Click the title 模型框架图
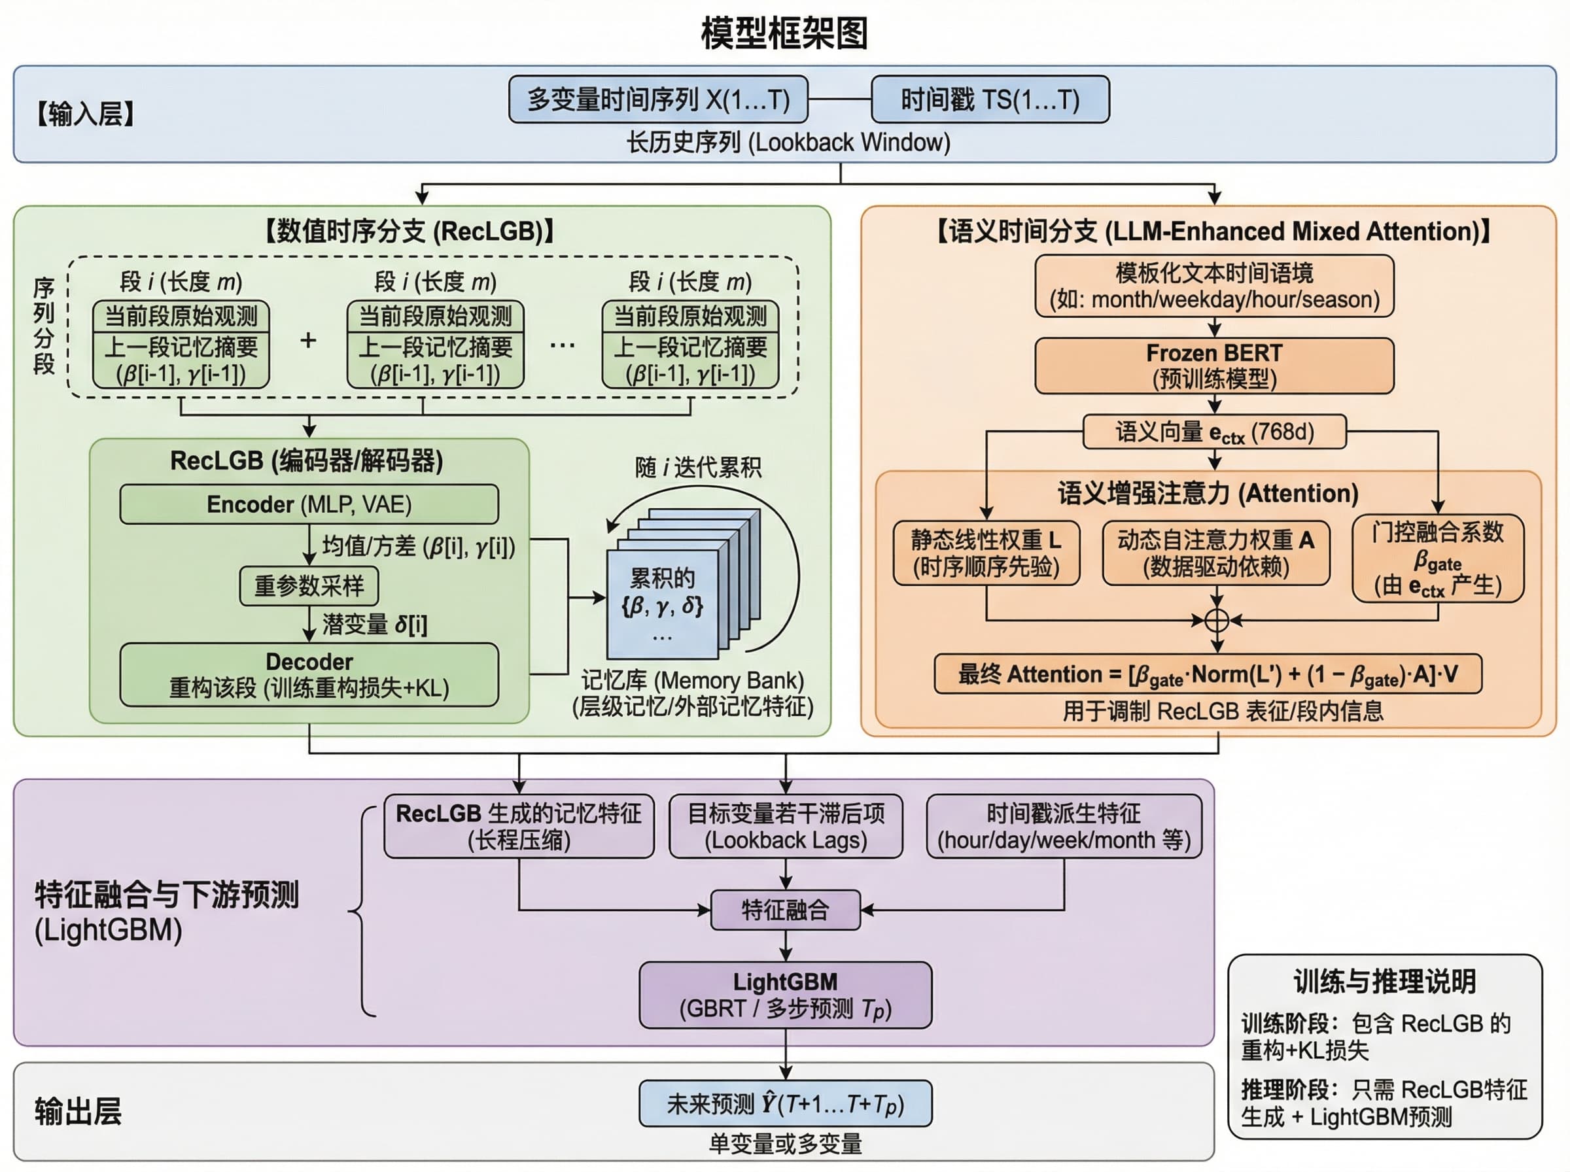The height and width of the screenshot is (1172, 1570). point(784,33)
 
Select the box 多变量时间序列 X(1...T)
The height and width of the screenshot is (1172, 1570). point(658,99)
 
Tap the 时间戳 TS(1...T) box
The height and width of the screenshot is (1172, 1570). point(990,99)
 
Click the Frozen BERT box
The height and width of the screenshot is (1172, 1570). point(1214,366)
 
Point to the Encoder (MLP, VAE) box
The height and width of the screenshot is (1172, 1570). point(309,504)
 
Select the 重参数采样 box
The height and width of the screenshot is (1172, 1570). point(309,586)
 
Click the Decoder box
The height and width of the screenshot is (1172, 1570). point(309,675)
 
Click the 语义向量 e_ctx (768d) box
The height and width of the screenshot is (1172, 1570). point(1214,432)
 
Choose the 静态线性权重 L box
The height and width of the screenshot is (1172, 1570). point(985,553)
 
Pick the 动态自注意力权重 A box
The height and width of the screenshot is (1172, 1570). point(1215,553)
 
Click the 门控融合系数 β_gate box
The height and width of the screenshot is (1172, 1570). point(1437,559)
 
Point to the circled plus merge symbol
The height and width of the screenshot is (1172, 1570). point(1217,620)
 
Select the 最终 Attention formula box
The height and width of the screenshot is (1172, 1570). point(1208,674)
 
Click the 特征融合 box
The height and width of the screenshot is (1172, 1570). point(786,910)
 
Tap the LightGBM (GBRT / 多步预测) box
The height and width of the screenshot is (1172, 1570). point(786,995)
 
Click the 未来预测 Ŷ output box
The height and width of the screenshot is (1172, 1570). point(786,1104)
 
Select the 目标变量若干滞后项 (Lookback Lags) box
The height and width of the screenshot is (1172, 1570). point(786,827)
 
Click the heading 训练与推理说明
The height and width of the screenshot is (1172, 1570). point(1384,982)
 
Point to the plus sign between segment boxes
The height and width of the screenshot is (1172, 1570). point(308,341)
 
